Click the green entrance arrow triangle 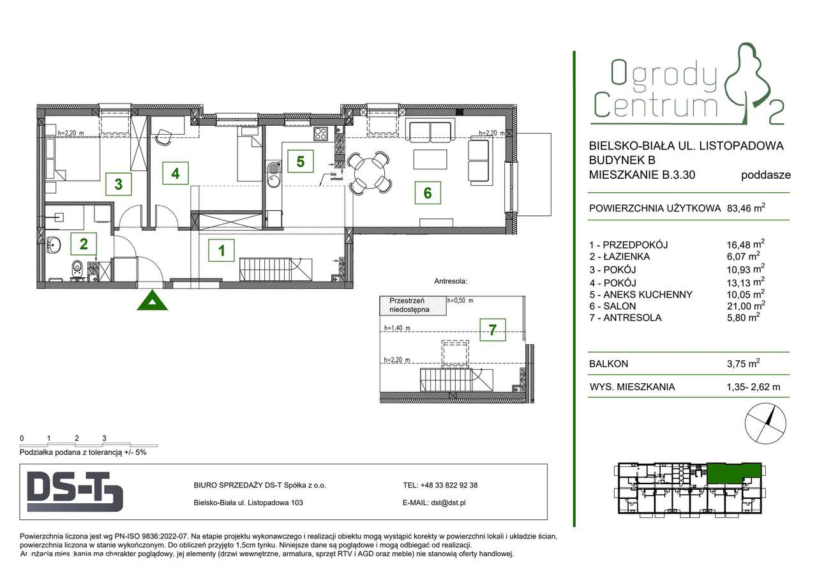tap(153, 301)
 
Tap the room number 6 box tap(427, 192)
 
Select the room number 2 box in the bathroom tap(84, 243)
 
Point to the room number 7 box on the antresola tap(492, 330)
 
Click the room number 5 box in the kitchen tap(300, 160)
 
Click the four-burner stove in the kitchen tap(320, 135)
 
